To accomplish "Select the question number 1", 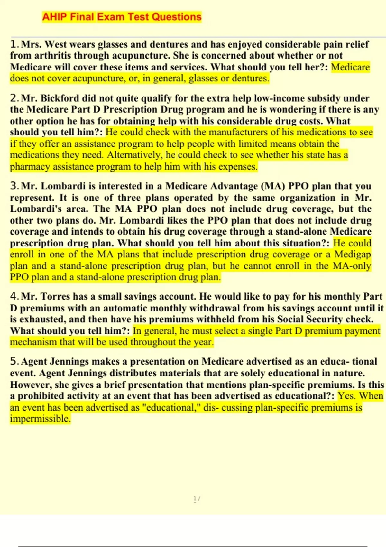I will tap(14, 44).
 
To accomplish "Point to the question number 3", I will tap(14, 186).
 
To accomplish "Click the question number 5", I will tap(14, 361).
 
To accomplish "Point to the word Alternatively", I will tap(135, 155).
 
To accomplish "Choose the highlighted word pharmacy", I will tap(30, 167).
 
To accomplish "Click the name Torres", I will tap(55, 296).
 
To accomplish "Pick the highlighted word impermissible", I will tap(40, 419).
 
